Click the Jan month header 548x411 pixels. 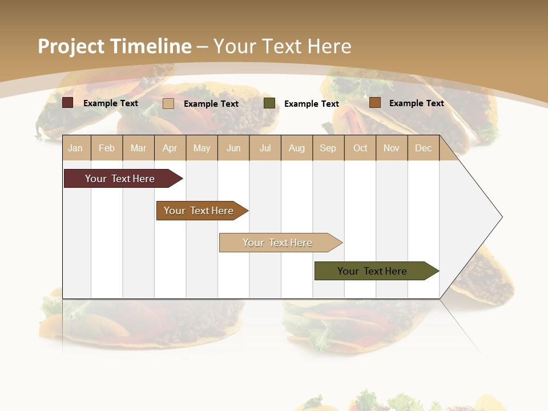(75, 148)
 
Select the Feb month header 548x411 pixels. (107, 148)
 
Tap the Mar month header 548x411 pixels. (138, 148)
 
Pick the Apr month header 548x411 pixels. (170, 148)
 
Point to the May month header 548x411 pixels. (202, 148)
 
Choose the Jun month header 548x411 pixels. (233, 148)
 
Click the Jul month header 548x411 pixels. (265, 148)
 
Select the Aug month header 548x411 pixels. (297, 148)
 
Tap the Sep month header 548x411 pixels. (328, 148)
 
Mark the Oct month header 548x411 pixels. (360, 148)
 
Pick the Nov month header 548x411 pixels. (392, 148)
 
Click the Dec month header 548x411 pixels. (423, 148)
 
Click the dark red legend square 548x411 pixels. (67, 103)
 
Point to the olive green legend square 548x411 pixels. (269, 103)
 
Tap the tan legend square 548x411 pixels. (168, 103)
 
